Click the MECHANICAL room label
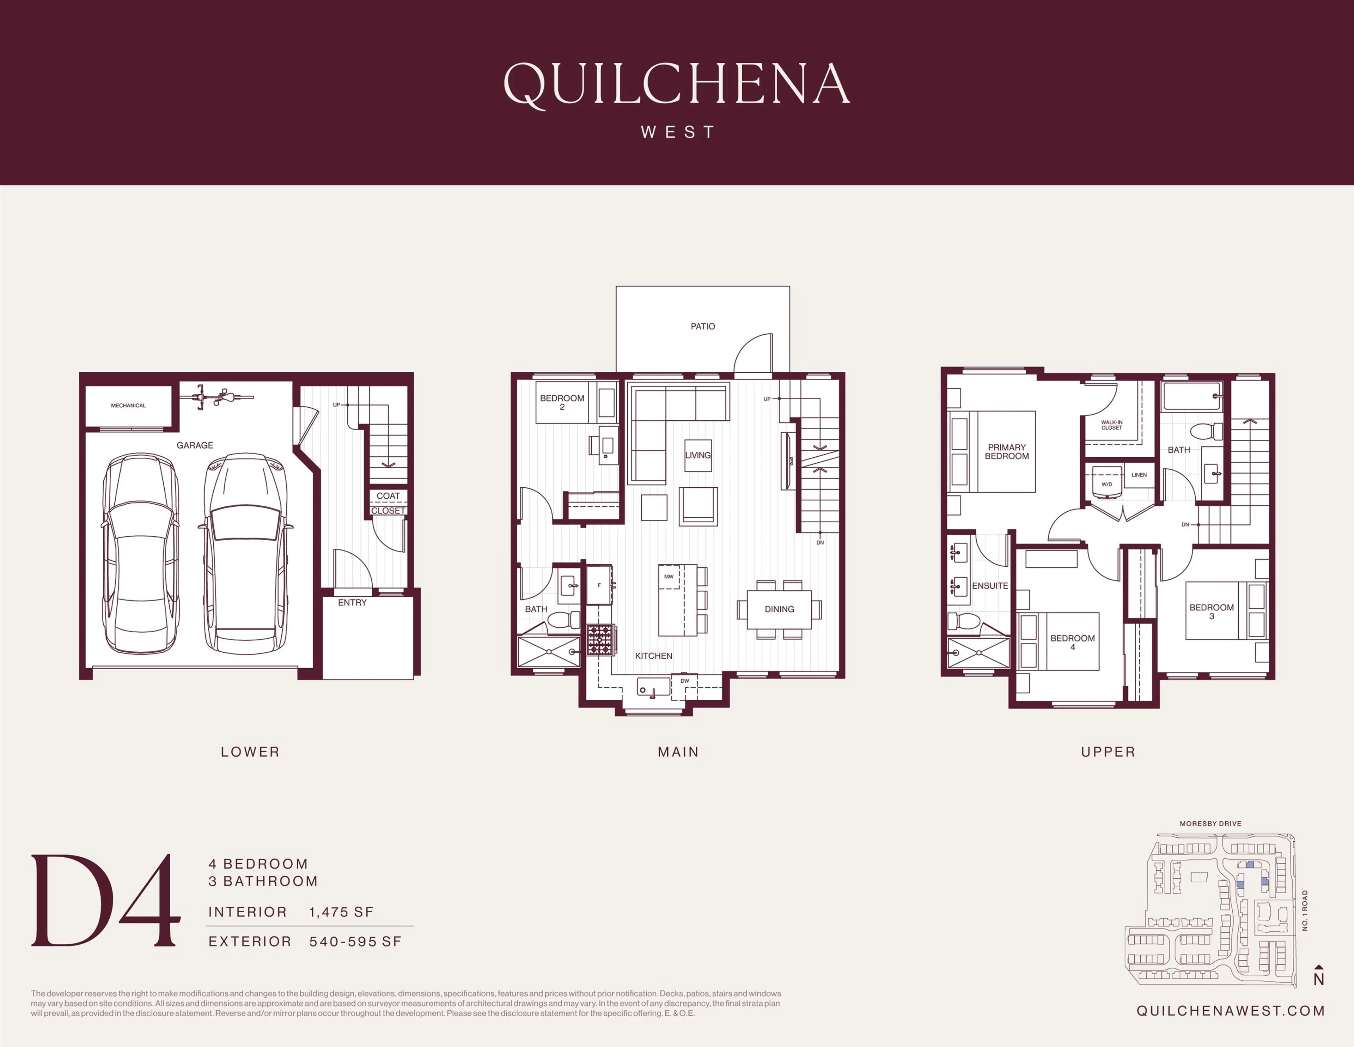128,406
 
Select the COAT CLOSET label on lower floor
388,503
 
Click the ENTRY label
352,603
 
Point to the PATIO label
702,326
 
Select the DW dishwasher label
684,681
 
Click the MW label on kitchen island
668,577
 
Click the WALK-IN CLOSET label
1112,425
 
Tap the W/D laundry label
1106,484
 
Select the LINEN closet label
1139,475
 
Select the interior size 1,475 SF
342,912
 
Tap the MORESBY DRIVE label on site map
1210,824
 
